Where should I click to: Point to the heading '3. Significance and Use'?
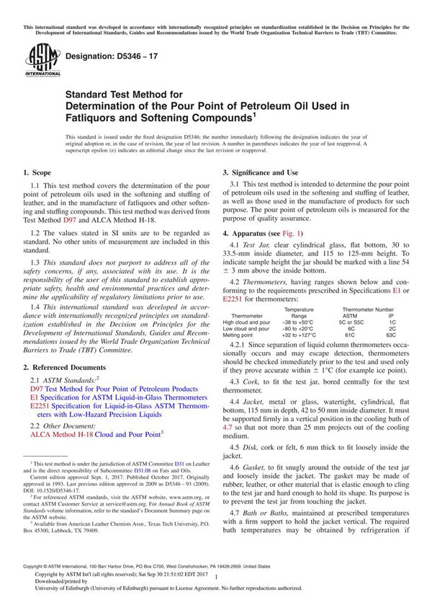click(260, 173)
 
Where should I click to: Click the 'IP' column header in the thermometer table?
click(391, 316)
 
